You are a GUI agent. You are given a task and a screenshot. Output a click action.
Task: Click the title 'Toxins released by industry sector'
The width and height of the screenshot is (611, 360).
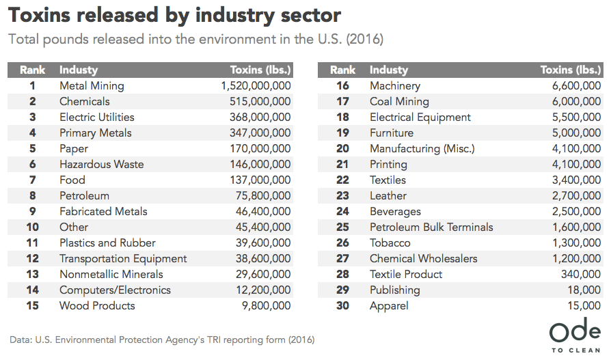point(174,14)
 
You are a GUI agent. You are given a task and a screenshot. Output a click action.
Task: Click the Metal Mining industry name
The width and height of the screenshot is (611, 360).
point(92,86)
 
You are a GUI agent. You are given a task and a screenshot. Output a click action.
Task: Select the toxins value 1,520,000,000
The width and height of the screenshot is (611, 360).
point(256,86)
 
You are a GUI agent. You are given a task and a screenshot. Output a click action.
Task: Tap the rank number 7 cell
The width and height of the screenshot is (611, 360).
point(32,180)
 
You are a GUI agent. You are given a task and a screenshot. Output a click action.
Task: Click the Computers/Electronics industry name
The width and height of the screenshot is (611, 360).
point(115,290)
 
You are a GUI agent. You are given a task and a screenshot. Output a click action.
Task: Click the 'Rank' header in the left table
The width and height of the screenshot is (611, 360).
point(32,70)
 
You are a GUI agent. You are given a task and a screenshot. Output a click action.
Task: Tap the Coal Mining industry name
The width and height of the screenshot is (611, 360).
point(399,102)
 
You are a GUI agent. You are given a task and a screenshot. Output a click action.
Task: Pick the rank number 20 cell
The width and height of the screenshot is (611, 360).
point(342,149)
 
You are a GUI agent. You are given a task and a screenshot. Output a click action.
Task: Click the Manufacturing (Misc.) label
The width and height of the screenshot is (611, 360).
point(422,149)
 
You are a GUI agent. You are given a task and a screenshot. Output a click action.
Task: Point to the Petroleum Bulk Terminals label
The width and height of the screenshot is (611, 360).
point(431,227)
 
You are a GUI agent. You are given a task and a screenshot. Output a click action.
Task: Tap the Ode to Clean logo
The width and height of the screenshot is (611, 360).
point(575,336)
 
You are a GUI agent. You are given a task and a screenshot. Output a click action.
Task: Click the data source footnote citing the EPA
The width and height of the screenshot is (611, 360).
point(162,340)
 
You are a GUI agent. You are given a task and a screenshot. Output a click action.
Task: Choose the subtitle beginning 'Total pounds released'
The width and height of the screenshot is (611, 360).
point(195,39)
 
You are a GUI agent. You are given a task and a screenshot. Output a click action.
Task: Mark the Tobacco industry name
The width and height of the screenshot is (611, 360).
point(390,243)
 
